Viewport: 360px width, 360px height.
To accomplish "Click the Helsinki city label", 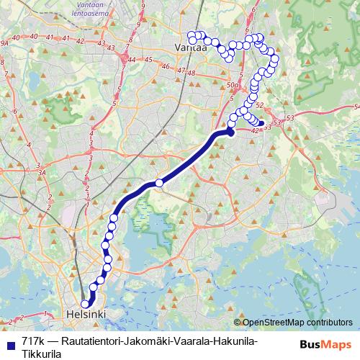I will pyautogui.click(x=85, y=315).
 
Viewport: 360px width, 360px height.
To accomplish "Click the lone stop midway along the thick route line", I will pyautogui.click(x=159, y=183).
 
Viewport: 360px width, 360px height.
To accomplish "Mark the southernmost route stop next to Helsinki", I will pyautogui.click(x=85, y=305).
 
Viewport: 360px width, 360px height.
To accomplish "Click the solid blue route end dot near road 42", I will pyautogui.click(x=261, y=123).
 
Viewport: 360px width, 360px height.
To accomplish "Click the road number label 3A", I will pyautogui.click(x=42, y=173).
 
